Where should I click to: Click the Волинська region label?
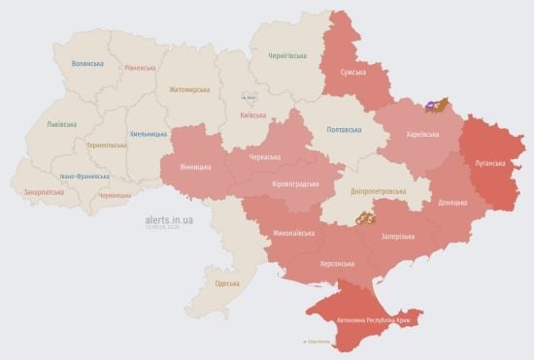87,63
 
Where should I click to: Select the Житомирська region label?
189,89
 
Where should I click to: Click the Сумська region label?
352,73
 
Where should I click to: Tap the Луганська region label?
489,164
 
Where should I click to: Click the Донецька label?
452,203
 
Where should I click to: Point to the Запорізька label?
400,236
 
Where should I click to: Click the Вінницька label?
195,167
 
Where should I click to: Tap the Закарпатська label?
43,192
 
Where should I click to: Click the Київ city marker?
250,97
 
